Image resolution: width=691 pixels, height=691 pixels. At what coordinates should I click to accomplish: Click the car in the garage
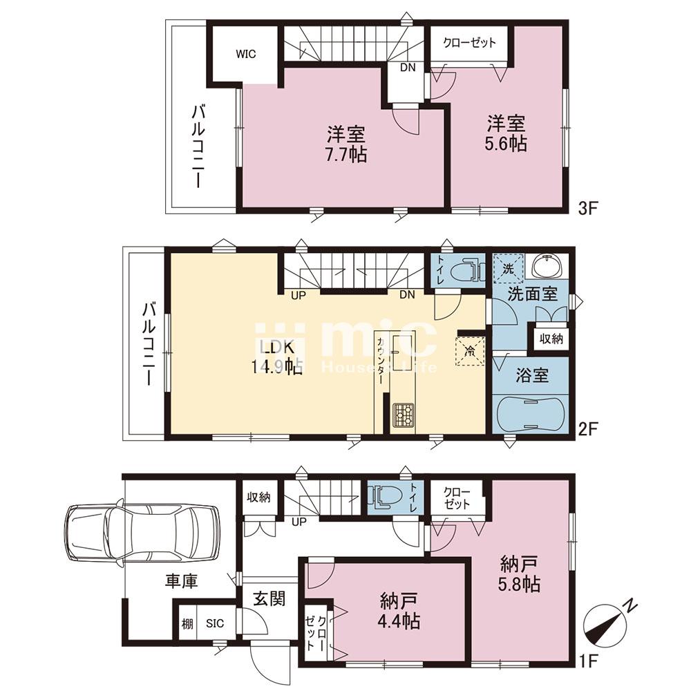(142, 533)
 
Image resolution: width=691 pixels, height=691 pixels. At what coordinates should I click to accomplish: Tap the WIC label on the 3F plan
(245, 54)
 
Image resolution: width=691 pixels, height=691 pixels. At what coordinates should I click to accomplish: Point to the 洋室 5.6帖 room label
(506, 133)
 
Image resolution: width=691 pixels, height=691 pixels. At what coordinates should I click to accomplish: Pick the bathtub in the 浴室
(529, 414)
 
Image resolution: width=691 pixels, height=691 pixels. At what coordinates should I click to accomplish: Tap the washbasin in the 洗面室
(546, 265)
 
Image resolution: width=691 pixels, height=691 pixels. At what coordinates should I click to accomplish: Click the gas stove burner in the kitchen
(404, 415)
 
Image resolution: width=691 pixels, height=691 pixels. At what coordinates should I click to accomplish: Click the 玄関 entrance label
(269, 598)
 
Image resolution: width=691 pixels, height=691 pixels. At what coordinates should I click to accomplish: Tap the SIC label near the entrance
(215, 623)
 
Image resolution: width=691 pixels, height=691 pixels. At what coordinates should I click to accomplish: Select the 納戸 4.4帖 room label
(399, 611)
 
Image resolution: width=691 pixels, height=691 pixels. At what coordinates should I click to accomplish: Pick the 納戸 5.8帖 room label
(519, 574)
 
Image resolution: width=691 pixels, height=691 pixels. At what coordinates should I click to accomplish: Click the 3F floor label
(587, 208)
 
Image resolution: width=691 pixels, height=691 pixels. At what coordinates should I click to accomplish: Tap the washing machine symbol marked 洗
(508, 268)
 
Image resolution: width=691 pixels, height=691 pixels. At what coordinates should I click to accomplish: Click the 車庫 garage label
(181, 581)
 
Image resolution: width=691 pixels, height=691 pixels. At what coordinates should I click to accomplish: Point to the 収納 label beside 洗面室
(551, 339)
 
